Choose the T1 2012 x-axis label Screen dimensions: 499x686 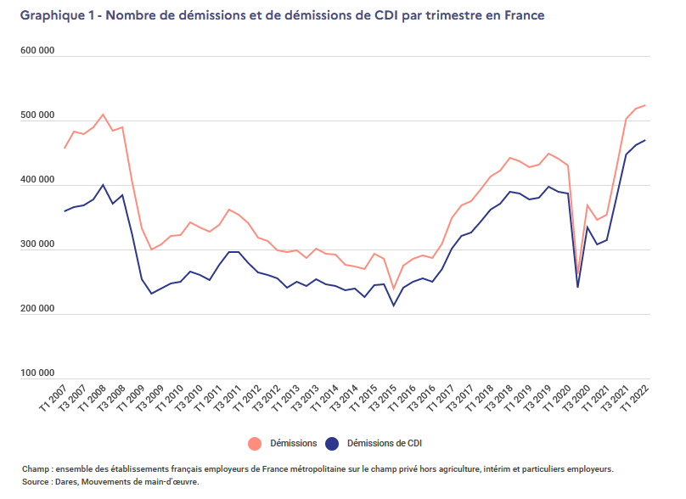pos(247,399)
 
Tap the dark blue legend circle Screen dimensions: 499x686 pos(332,443)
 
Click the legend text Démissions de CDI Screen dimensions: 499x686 pos(386,443)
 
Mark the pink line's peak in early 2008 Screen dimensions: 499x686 pos(103,115)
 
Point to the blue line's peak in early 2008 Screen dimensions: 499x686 pos(103,185)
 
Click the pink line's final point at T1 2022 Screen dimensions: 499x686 pos(645,105)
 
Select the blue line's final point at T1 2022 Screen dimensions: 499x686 pos(645,140)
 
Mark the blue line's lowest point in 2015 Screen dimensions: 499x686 pos(393,306)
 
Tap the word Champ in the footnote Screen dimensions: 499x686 pos(36,468)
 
